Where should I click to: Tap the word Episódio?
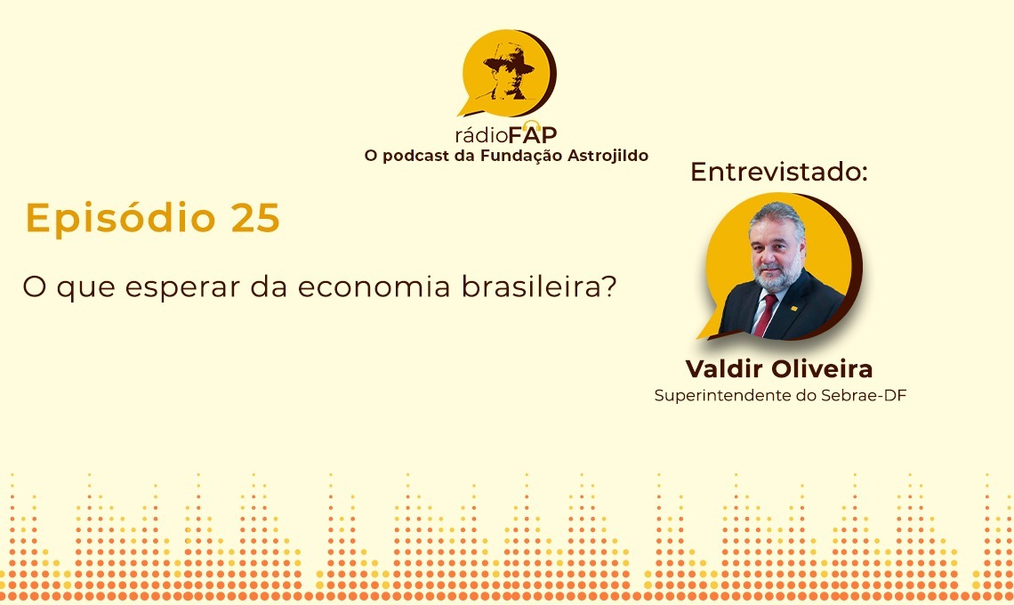point(120,219)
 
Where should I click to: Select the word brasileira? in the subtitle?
point(539,286)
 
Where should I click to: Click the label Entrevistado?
point(778,172)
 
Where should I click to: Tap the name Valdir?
point(726,369)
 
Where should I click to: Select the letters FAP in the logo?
point(532,134)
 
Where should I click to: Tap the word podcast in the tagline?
point(415,157)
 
